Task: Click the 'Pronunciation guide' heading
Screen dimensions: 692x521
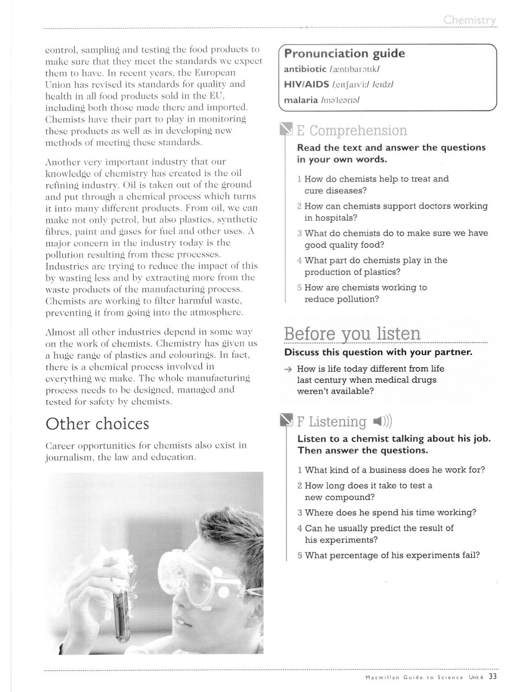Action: pos(344,54)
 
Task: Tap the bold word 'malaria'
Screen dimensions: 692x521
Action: pos(301,100)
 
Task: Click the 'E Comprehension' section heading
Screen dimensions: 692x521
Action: pos(352,131)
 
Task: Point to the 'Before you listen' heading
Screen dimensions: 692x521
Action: pos(352,333)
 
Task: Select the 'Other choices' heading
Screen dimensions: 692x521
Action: pos(97,424)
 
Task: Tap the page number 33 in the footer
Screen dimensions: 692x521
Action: pos(492,677)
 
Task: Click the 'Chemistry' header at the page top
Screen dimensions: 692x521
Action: pos(470,20)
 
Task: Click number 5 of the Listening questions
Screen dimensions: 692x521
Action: pos(300,556)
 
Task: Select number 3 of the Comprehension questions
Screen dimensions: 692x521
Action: pos(300,233)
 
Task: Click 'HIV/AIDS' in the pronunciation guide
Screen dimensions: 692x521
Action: pos(306,84)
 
